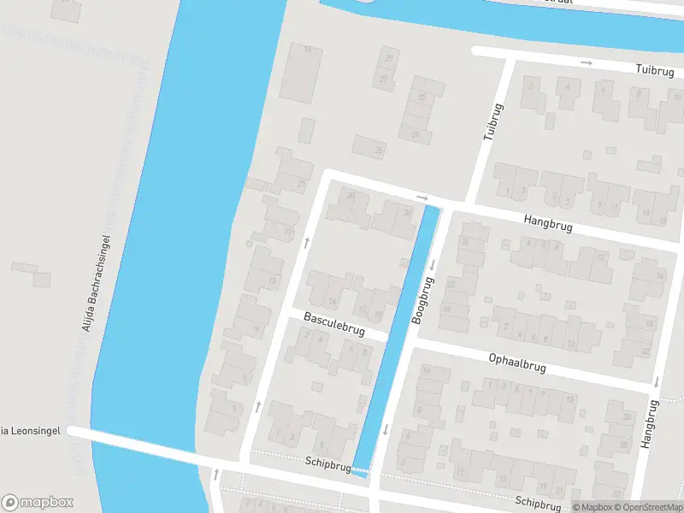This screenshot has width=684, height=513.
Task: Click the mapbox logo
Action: (37, 502)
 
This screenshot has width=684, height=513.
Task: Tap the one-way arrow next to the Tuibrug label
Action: (587, 62)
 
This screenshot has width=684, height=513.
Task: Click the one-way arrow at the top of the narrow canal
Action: (422, 198)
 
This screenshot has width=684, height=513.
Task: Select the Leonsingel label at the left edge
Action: (31, 431)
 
